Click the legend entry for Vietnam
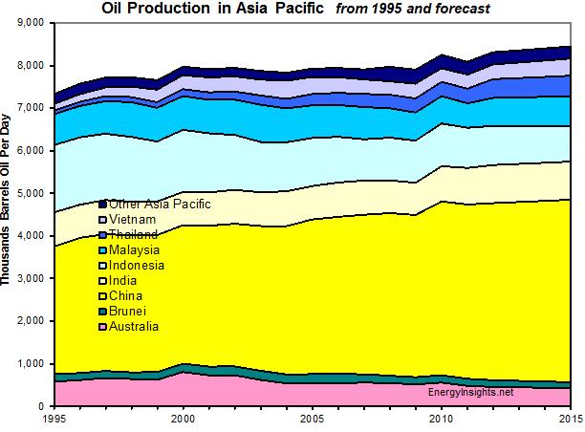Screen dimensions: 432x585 [134, 219]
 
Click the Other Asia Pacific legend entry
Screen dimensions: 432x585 [159, 204]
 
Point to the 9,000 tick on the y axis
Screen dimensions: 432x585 [31, 22]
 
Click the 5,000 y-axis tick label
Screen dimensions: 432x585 [31, 193]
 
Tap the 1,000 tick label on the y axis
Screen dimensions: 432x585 [31, 364]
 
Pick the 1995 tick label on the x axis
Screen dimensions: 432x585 [55, 419]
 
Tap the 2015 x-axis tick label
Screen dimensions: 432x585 [570, 419]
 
